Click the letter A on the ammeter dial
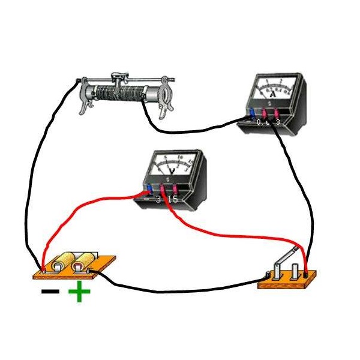(274, 94)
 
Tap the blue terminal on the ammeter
(251, 112)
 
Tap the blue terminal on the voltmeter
(149, 190)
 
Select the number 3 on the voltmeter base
(158, 199)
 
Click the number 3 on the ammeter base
(277, 122)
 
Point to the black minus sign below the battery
(50, 292)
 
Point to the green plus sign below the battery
(78, 293)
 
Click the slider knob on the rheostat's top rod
(120, 77)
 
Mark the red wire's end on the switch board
(307, 274)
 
